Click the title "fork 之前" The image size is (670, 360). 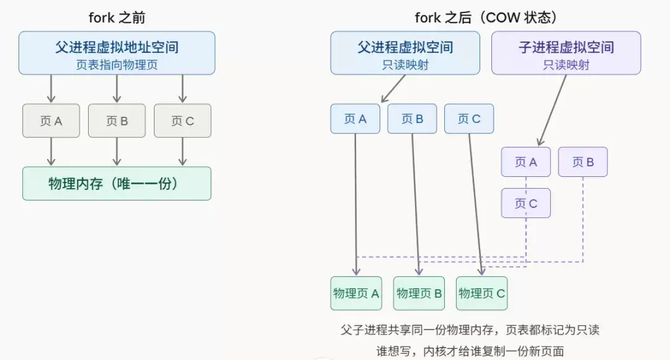(x=117, y=17)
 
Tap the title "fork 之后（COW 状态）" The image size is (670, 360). (x=485, y=17)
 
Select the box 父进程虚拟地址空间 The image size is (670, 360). (x=117, y=53)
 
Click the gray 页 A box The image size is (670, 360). (x=51, y=120)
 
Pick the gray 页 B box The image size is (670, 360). (x=117, y=120)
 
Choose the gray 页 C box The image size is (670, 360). (x=182, y=120)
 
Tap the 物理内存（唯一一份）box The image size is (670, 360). (x=117, y=183)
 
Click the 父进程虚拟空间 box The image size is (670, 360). (x=405, y=53)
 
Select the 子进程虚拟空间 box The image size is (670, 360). (x=566, y=53)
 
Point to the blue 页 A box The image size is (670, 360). (x=355, y=119)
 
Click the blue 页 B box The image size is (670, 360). (x=412, y=119)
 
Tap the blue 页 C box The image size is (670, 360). (x=469, y=119)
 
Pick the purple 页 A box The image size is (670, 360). (x=525, y=162)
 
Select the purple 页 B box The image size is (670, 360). (x=583, y=162)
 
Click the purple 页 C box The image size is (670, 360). (x=525, y=203)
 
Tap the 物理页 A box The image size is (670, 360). (x=356, y=294)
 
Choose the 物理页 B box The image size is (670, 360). (x=419, y=294)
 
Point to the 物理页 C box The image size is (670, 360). (x=482, y=294)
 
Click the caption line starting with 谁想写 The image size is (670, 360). (x=470, y=350)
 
